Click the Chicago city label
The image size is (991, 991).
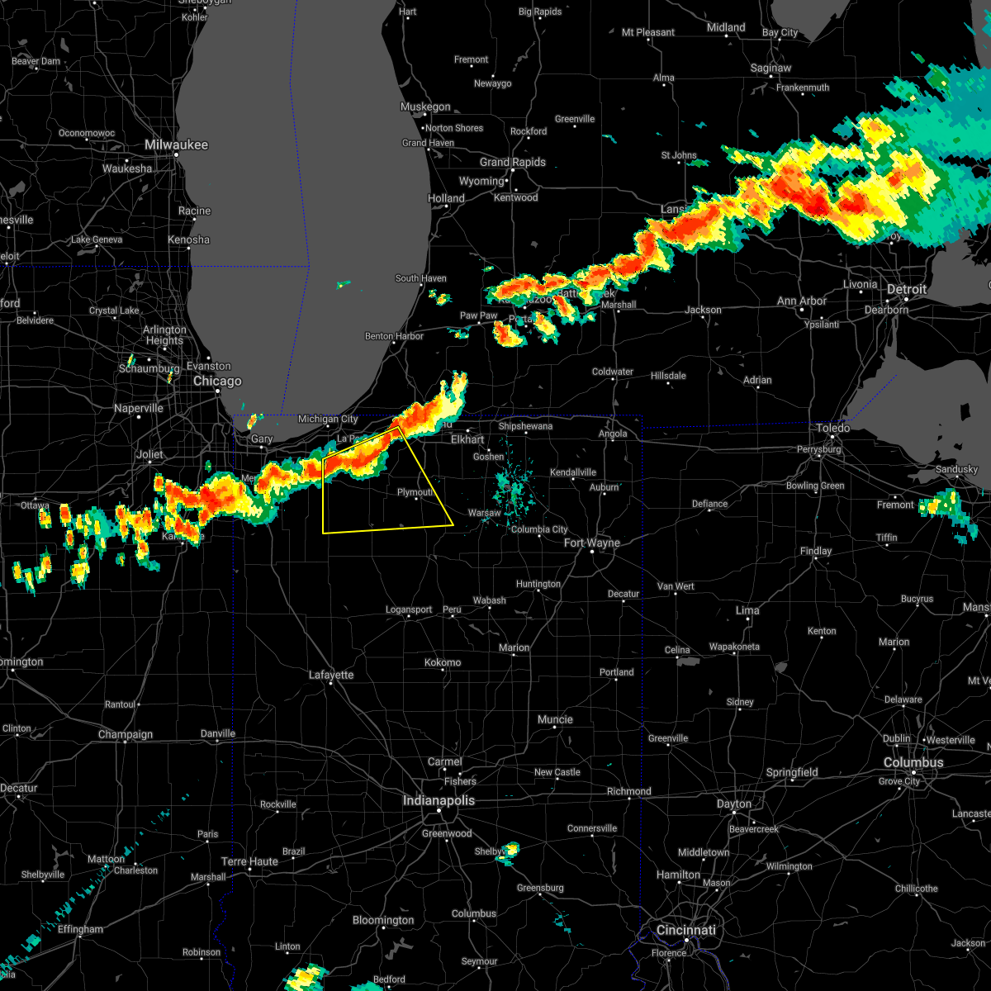[x=217, y=382]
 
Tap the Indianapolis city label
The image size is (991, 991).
[x=439, y=800]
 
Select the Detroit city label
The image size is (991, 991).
[x=907, y=290]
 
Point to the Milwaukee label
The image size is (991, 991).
[x=176, y=145]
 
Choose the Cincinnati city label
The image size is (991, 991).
[x=687, y=930]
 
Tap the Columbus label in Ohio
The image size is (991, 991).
[x=913, y=762]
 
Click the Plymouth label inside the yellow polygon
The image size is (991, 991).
[x=415, y=493]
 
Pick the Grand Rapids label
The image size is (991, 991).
[x=512, y=162]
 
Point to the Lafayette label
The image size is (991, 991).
[x=331, y=675]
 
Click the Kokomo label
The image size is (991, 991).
[x=443, y=662]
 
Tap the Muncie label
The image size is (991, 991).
[x=555, y=719]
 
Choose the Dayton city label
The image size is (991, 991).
[x=734, y=804]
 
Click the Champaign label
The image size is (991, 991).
[x=126, y=734]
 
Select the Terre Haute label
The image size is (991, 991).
[x=249, y=861]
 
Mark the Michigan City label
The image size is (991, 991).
[x=328, y=420]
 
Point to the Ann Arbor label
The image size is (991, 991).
[x=801, y=301]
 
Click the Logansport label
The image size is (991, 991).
[x=409, y=609]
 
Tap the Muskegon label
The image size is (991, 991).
[x=425, y=107]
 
